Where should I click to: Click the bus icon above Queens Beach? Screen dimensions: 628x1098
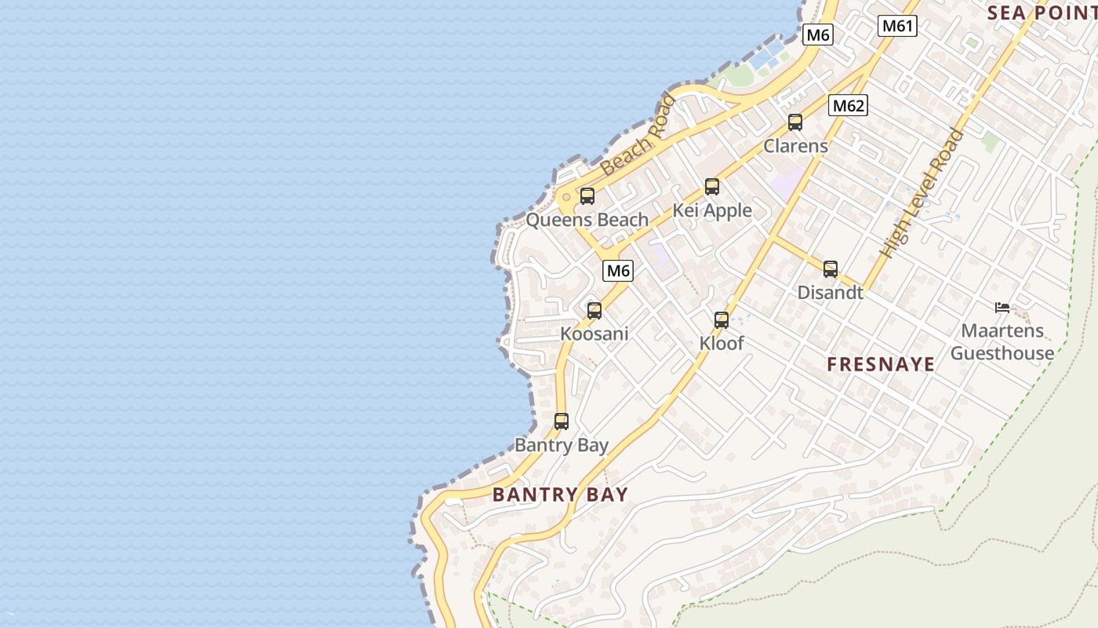[587, 196]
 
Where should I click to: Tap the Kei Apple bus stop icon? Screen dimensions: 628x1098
[712, 187]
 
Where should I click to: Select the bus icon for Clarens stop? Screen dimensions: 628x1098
[795, 122]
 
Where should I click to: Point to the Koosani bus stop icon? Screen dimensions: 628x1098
[594, 310]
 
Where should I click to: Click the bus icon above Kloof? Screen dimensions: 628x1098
[722, 319]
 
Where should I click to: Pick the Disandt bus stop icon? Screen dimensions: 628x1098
[831, 269]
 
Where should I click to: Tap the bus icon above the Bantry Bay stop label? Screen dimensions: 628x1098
[562, 422]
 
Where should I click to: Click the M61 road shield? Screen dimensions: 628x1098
[897, 26]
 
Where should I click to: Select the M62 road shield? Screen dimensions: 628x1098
[849, 105]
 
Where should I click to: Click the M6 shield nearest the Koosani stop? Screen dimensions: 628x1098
[618, 271]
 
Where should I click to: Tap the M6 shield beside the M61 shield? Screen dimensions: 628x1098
[818, 35]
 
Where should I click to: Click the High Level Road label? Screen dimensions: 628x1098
[922, 194]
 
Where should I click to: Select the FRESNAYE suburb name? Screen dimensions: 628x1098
[881, 364]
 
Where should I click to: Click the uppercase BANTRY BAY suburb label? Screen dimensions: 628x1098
[561, 495]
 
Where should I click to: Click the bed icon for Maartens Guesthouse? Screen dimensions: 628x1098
[1002, 308]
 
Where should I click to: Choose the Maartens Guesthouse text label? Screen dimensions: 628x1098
[1002, 342]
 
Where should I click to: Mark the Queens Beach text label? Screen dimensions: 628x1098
[587, 220]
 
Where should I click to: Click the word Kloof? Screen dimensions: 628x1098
[722, 343]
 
